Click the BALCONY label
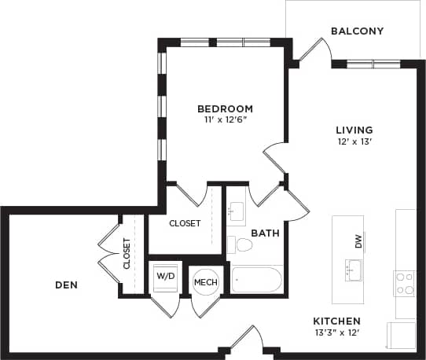coord(357,31)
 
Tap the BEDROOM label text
coord(225,108)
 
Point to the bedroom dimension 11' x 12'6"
coord(225,120)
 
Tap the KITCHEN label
coord(336,321)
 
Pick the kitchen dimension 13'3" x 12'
coord(336,333)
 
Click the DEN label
coord(66,285)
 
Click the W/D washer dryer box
coord(165,277)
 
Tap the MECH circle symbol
coord(206,282)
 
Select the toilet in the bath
coord(244,245)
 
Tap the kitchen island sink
coord(351,272)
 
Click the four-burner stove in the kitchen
coord(404,283)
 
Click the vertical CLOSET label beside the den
coord(127,254)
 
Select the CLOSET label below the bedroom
coord(185,223)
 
